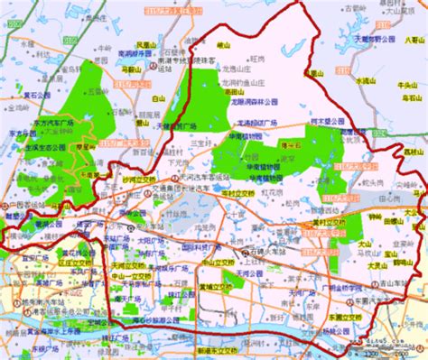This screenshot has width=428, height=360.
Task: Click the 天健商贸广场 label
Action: pos(173,125)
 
